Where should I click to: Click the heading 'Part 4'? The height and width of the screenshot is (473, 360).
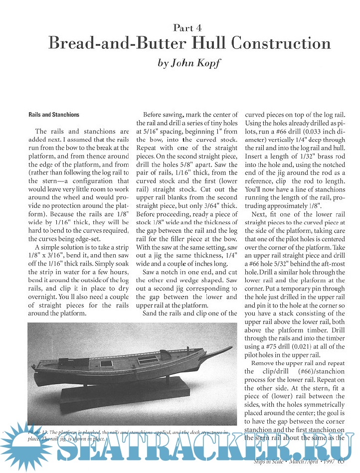188,28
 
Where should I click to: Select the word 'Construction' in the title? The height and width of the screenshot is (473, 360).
282,44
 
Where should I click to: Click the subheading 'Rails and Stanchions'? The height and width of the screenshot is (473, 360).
53,115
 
